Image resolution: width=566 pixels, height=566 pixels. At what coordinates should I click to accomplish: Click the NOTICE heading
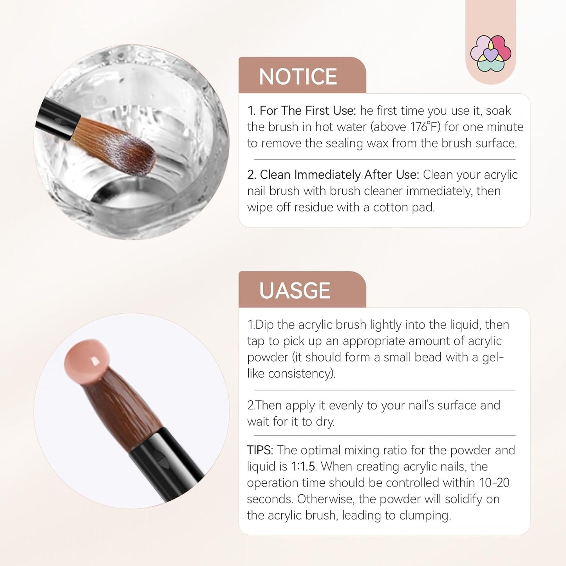tap(298, 77)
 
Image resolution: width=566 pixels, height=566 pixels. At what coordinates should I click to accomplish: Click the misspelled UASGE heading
tap(295, 291)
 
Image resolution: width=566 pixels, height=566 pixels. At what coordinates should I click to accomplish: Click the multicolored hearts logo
tap(491, 53)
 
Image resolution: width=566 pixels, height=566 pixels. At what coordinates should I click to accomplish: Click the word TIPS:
tap(260, 450)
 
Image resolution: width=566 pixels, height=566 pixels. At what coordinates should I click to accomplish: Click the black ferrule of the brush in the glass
tap(59, 118)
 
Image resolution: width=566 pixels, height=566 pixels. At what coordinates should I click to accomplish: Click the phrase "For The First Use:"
tap(307, 111)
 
